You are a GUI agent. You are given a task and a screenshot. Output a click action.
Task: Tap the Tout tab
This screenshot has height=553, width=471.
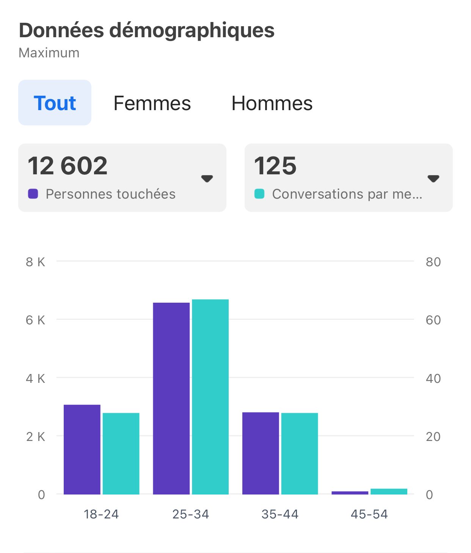[x=55, y=103]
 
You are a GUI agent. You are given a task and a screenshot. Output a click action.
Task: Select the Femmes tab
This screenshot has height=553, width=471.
[x=152, y=103]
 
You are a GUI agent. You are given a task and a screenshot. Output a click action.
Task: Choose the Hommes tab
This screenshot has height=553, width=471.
[x=272, y=103]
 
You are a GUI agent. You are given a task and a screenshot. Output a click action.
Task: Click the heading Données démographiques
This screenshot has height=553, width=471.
[x=147, y=30]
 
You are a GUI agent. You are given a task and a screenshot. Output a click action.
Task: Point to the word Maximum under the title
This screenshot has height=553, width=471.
[x=49, y=53]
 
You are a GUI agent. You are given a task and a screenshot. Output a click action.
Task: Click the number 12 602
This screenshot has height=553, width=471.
[x=68, y=166]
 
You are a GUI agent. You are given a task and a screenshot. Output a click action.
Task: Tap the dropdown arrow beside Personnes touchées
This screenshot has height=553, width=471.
[x=207, y=178]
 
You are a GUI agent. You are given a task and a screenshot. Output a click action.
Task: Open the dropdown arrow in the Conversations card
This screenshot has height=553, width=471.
[x=433, y=178]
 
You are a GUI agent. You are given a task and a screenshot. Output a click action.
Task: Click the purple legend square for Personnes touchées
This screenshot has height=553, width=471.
[x=33, y=194]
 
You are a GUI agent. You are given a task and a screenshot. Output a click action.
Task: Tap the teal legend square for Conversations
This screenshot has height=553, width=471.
[x=259, y=194]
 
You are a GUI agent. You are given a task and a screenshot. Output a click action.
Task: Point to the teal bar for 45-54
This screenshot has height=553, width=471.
[x=389, y=491]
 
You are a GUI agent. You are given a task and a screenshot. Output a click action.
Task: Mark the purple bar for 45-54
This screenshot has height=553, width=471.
[x=350, y=493]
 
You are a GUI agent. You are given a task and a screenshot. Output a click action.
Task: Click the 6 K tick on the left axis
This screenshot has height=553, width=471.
[x=35, y=320]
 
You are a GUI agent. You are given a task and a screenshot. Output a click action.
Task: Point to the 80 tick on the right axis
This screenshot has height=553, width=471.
[x=433, y=262]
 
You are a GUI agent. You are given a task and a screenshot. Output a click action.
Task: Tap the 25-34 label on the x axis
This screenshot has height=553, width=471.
[x=190, y=514]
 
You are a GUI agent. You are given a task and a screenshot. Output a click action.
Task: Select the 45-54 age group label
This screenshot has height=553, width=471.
[x=369, y=514]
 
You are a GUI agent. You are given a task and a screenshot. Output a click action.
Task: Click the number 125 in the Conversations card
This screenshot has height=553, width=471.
[x=275, y=166]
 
